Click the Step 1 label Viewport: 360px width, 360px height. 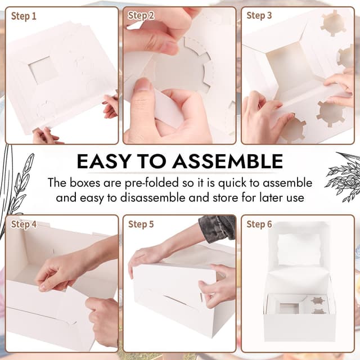pos(24,16)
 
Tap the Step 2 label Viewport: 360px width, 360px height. pos(141,16)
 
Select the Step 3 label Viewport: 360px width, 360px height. pos(259,16)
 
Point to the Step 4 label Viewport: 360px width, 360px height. pos(24,224)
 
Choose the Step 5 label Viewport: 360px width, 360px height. pos(141,224)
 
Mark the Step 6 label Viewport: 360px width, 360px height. pos(259,224)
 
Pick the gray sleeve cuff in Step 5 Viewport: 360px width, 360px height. pos(217,228)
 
